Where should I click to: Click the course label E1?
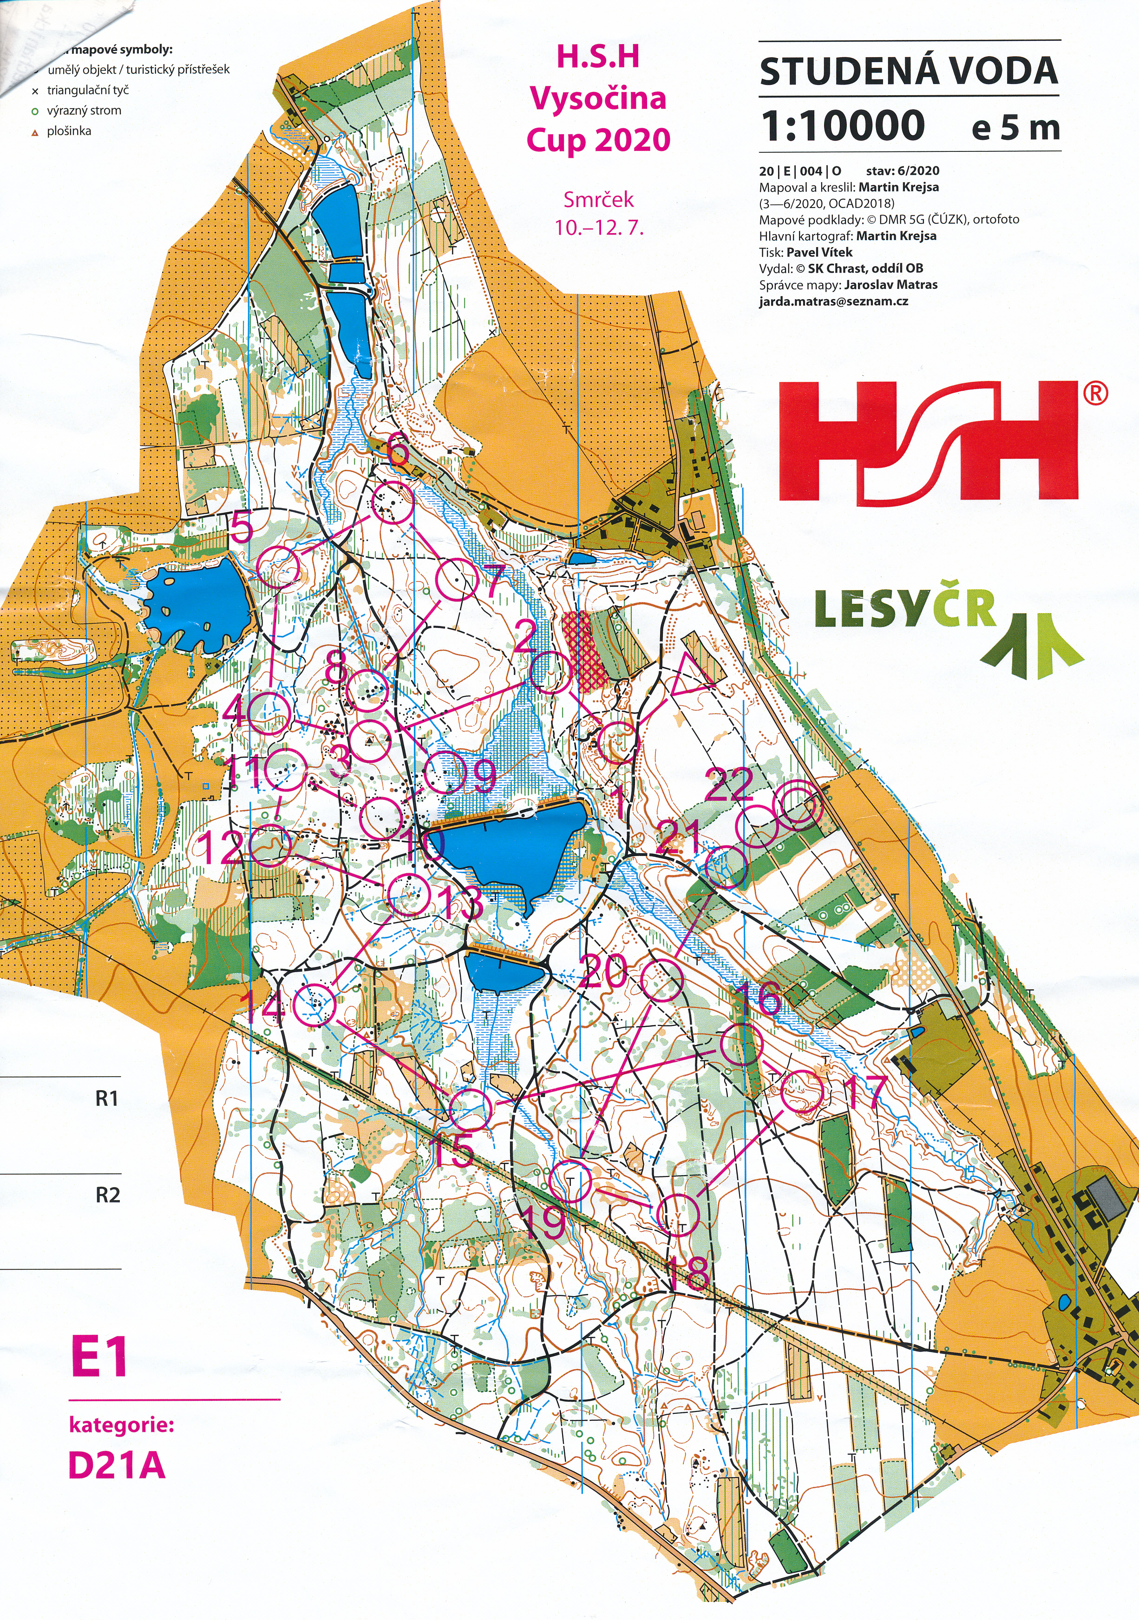(99, 1357)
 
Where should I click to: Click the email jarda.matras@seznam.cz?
(833, 301)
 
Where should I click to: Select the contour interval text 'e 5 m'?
(1015, 128)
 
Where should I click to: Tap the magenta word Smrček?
(598, 200)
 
